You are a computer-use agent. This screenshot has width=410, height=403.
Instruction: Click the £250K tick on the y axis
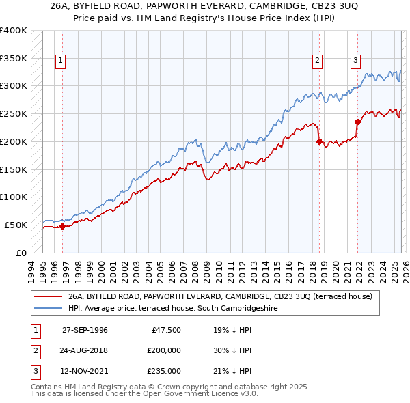tap(14, 114)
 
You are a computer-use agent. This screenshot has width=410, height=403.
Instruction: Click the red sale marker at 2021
tap(357, 122)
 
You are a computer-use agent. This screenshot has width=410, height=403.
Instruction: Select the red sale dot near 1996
tap(62, 226)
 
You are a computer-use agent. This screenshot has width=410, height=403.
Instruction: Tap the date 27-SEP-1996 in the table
tap(85, 330)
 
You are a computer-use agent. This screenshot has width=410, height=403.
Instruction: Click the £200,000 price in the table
tap(162, 350)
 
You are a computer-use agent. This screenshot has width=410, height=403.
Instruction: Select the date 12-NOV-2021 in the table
tap(85, 371)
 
